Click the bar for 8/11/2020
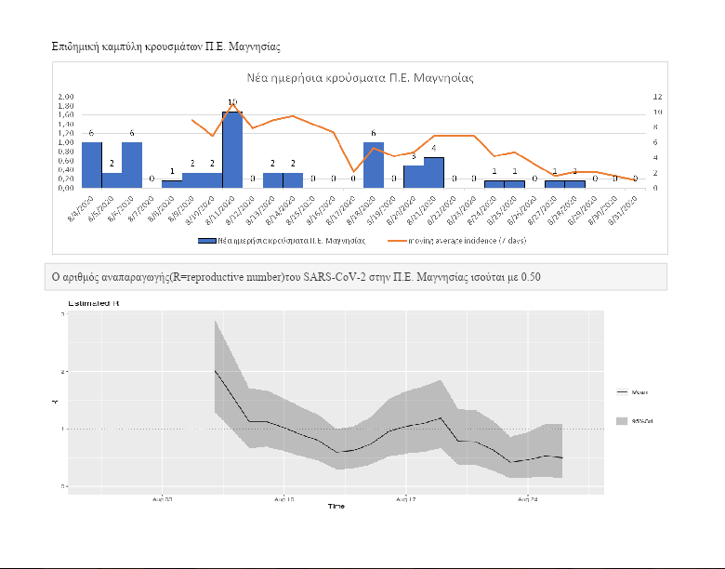pos(232,150)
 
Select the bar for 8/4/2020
pos(91,165)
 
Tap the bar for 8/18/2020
pos(374,165)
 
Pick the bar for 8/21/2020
pos(434,172)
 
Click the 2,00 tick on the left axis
pos(67,97)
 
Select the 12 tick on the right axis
pos(657,97)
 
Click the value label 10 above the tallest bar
pos(232,103)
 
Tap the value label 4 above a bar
pos(434,149)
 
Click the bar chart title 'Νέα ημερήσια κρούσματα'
pos(361,77)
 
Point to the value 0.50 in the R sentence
pos(531,277)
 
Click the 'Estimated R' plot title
pos(94,304)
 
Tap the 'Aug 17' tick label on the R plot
pos(406,499)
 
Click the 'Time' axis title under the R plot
pos(336,506)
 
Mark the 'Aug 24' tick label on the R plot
pos(527,499)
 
